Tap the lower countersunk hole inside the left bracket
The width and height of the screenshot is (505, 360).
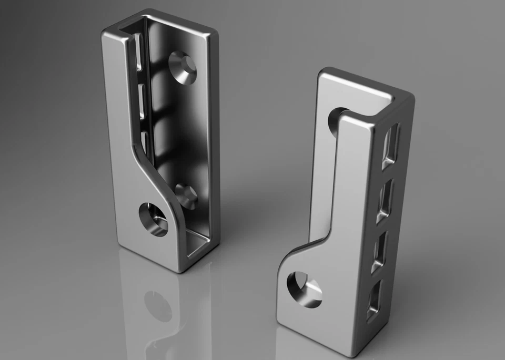point(186,196)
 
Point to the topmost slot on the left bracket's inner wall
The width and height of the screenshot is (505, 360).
point(138,52)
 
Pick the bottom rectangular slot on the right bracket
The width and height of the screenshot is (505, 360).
point(374,300)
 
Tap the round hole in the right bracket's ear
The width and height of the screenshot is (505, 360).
point(303,289)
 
